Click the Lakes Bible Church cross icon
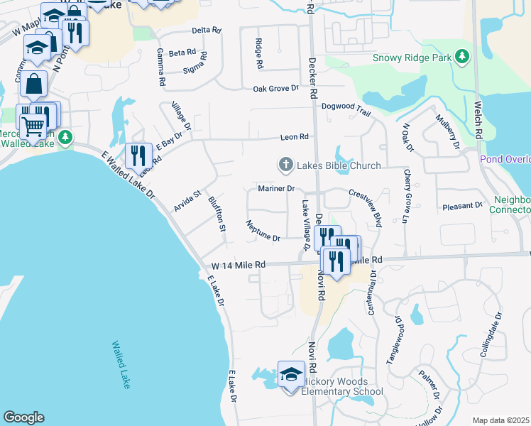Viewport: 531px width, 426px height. [285, 165]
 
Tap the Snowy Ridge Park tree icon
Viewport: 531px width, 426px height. [463, 55]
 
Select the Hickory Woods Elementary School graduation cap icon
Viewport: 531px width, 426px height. [291, 373]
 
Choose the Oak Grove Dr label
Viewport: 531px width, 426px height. [276, 89]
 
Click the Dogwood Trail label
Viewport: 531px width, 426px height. [346, 106]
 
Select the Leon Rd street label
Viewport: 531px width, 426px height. [294, 137]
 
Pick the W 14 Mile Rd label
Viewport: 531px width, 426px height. [238, 265]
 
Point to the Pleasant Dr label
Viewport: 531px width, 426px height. [462, 206]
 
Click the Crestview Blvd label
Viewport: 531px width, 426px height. [366, 207]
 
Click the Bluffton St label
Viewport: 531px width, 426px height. [217, 214]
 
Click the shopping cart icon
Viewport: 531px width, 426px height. [32, 126]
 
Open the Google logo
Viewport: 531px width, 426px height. [23, 417]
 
